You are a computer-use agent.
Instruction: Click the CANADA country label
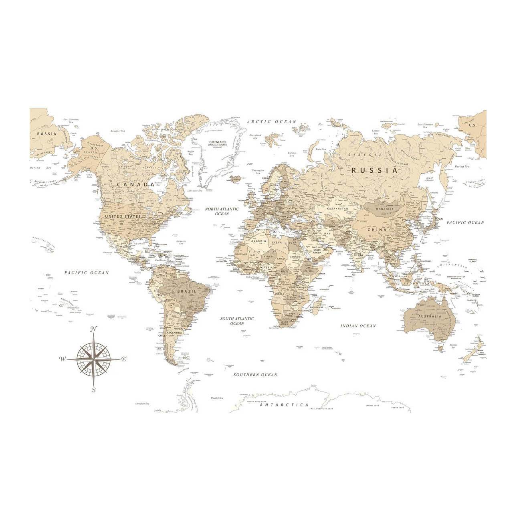(135, 185)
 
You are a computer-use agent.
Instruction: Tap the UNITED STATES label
(123, 216)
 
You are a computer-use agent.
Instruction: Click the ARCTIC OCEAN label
(271, 121)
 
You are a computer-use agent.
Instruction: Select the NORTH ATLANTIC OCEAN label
(222, 212)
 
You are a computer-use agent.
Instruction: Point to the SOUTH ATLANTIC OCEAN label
(237, 321)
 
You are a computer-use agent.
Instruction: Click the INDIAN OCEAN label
(358, 326)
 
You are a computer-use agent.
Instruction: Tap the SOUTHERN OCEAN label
(256, 375)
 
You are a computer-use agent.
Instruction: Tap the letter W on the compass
(63, 359)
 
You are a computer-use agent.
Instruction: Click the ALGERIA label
(258, 241)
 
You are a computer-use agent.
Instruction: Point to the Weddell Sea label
(216, 398)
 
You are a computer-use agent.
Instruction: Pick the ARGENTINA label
(175, 333)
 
